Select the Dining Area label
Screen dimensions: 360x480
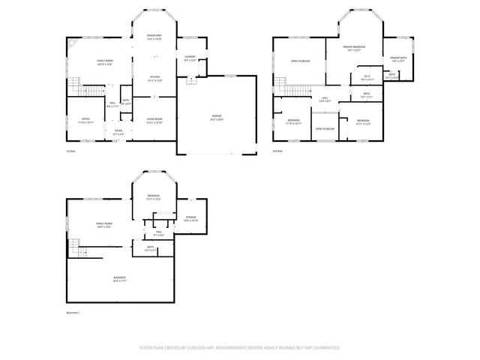154,37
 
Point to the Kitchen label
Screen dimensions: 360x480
154,78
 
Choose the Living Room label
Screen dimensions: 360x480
154,121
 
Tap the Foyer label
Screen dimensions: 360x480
118,132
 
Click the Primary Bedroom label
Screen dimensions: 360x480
352,49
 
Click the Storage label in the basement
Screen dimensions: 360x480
190,219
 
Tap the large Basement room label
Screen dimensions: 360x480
119,279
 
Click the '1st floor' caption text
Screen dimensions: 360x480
71,151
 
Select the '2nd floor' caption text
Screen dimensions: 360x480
277,151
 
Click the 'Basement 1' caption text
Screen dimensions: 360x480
73,312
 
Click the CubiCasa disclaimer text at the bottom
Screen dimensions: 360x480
240,348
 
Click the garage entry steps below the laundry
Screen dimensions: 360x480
191,81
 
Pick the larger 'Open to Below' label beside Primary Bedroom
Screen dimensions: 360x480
301,62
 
